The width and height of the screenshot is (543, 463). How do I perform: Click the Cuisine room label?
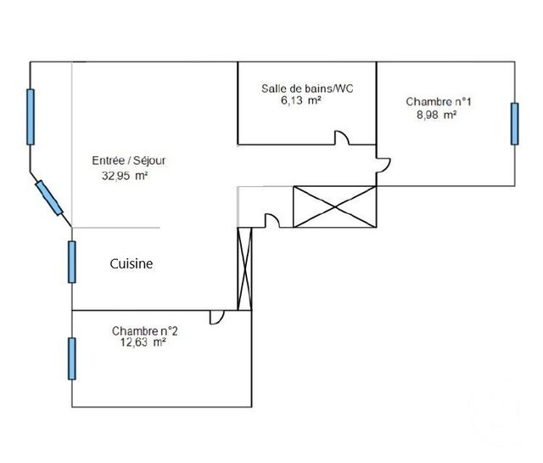(x=132, y=264)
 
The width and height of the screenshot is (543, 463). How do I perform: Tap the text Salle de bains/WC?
(x=307, y=88)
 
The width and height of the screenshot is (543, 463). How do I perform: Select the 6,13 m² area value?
(x=300, y=100)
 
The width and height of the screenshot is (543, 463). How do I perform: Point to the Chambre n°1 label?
(x=439, y=102)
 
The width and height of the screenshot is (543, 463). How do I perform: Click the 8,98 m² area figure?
(x=436, y=115)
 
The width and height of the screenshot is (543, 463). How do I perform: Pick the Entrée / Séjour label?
(x=129, y=161)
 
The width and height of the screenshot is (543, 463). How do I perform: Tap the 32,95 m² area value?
(x=125, y=176)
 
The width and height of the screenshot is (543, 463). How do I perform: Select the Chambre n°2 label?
(x=145, y=330)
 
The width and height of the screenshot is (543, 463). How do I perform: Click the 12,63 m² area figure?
(x=143, y=342)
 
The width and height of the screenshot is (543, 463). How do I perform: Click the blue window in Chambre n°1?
(x=515, y=124)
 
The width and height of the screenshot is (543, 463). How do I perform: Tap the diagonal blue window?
(x=49, y=198)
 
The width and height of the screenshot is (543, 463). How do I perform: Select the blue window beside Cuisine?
(x=71, y=262)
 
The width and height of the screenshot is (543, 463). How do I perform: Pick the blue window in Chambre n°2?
(x=71, y=359)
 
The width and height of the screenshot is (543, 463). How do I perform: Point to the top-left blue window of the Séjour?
(x=31, y=117)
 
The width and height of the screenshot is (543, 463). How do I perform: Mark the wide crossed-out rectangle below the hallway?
(x=334, y=206)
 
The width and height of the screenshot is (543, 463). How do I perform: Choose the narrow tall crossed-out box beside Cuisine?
(x=245, y=268)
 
